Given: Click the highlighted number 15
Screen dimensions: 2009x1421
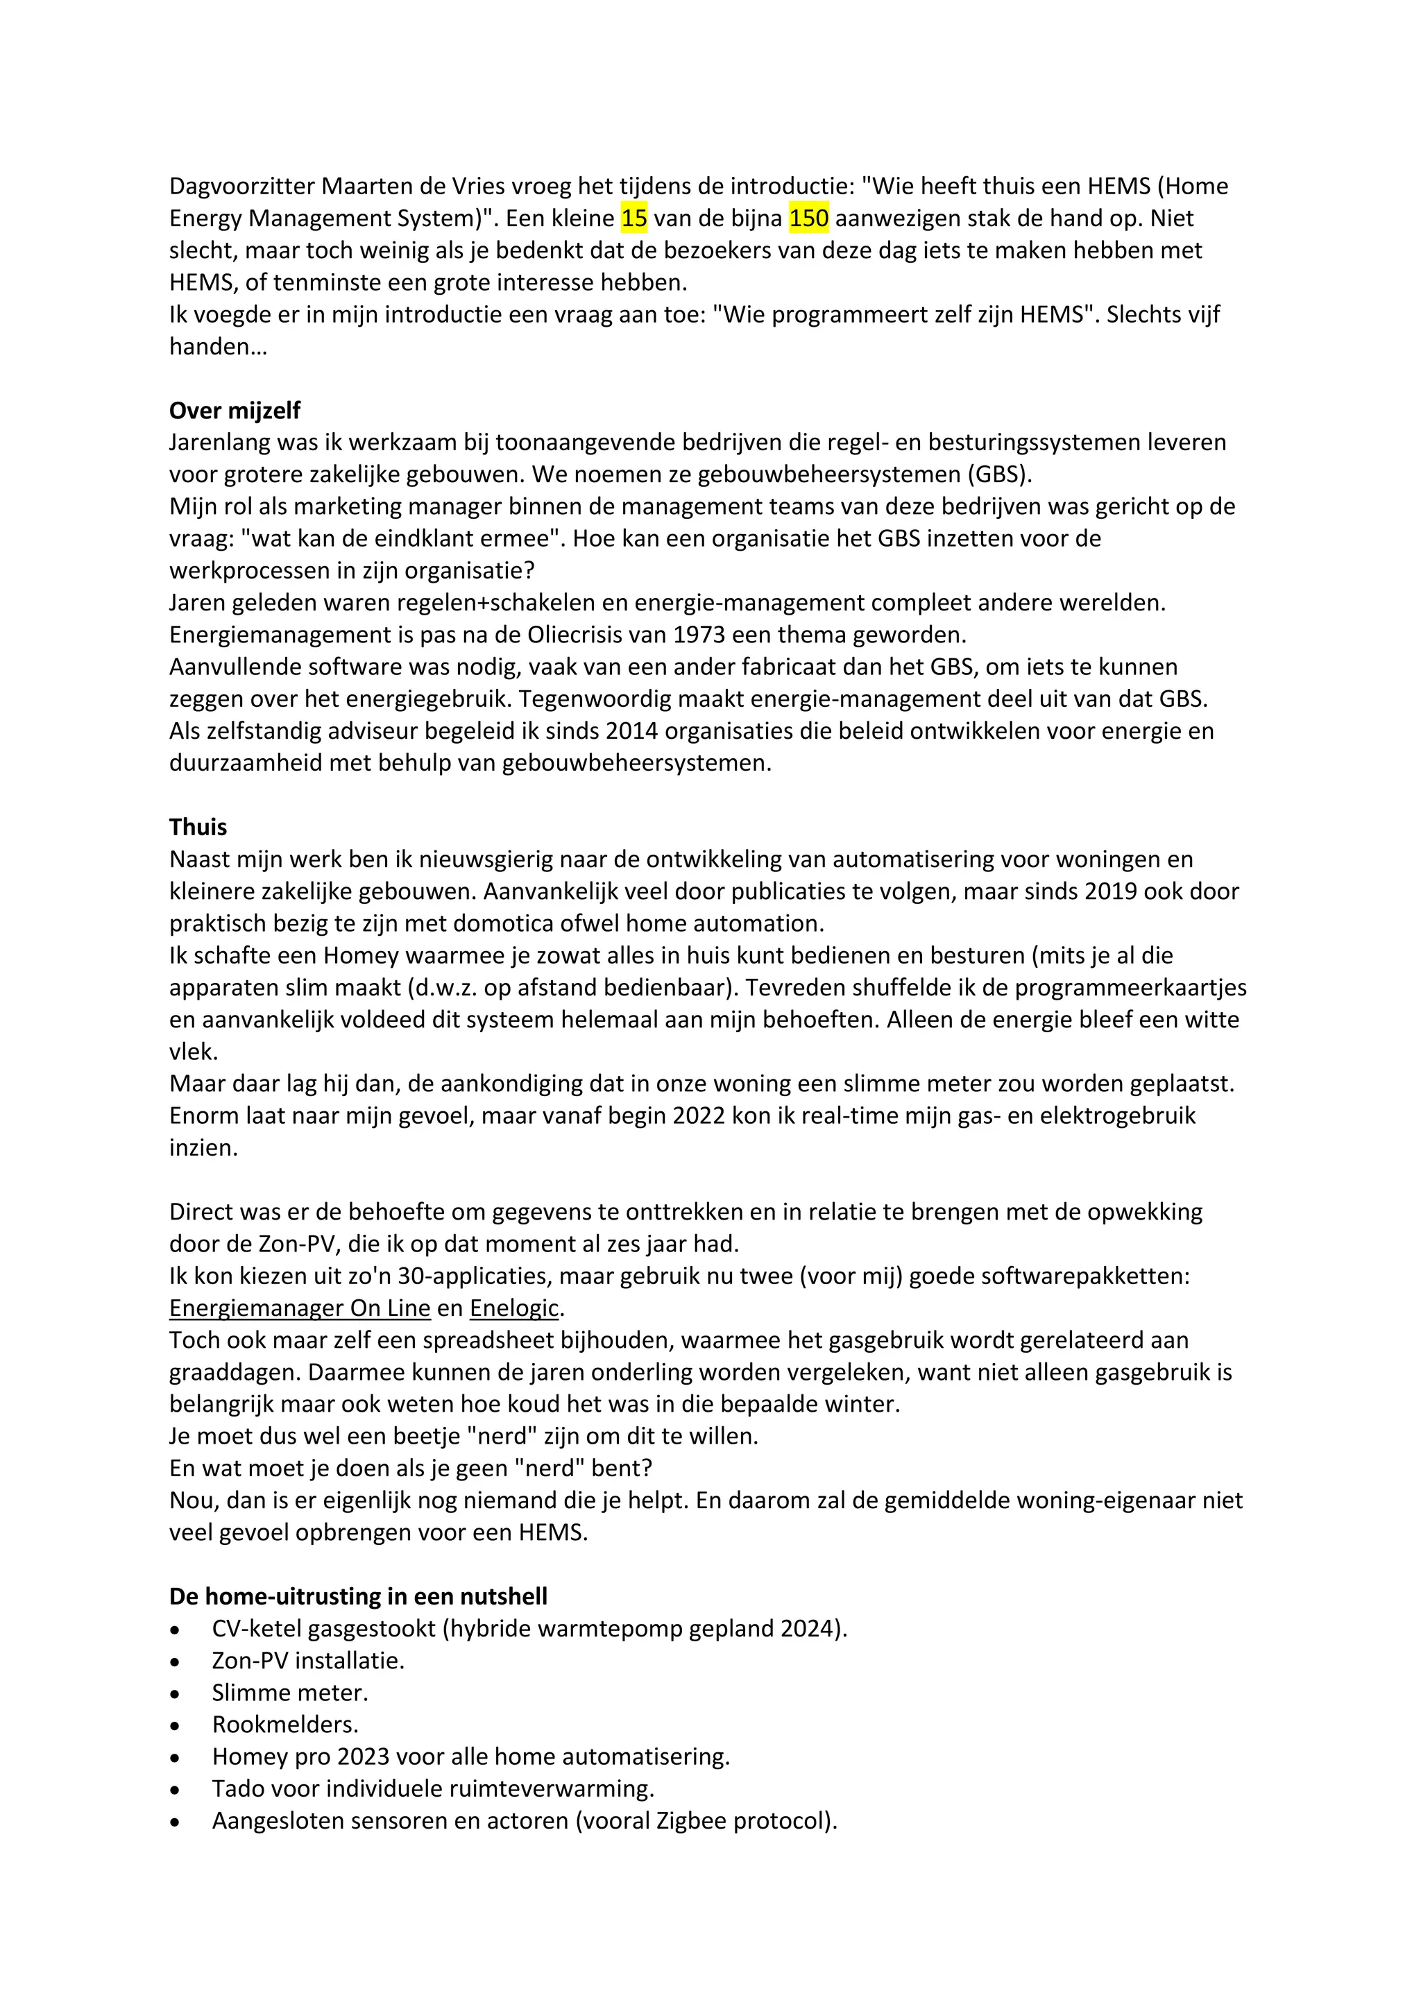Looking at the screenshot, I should [x=633, y=218].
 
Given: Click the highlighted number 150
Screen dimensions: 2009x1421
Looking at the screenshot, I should [x=808, y=218].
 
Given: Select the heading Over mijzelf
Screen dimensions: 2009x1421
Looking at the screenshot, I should [x=235, y=411].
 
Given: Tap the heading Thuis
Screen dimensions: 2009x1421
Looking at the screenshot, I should [x=198, y=827].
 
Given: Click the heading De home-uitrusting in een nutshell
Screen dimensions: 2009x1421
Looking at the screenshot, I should [x=358, y=1596].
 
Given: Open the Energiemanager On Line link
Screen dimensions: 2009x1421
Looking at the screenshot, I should [x=299, y=1308].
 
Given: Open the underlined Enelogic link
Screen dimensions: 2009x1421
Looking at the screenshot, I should [x=513, y=1308].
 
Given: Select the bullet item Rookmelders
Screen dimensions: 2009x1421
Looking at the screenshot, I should [x=284, y=1725].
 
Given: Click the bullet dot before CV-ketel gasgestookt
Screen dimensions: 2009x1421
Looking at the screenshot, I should [x=175, y=1630].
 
